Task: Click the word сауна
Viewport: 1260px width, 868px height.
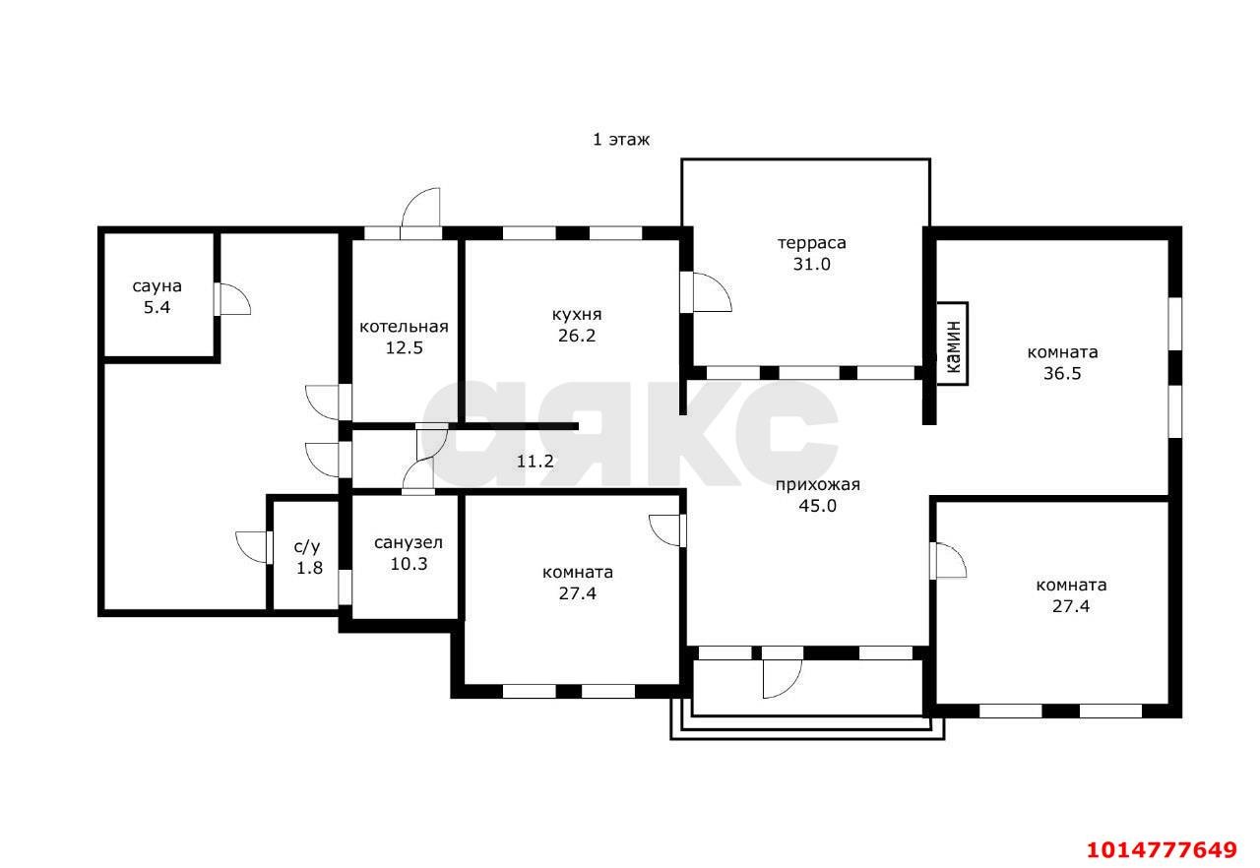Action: (157, 286)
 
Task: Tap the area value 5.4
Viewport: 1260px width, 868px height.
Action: (157, 307)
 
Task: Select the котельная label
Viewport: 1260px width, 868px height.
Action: (404, 327)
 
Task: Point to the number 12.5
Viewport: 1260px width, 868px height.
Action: (404, 348)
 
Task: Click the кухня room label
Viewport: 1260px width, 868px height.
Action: (577, 314)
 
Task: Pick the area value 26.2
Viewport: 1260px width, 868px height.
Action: (577, 336)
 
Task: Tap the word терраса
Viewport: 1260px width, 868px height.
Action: (812, 243)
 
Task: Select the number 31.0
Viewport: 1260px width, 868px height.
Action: (812, 264)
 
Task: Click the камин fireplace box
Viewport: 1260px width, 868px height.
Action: (952, 343)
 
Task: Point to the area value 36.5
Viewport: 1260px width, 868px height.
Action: (1062, 374)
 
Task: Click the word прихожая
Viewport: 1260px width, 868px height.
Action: (817, 484)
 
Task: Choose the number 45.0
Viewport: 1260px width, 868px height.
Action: (817, 506)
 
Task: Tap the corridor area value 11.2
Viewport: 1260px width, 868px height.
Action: (535, 462)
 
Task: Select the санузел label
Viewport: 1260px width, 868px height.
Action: (409, 542)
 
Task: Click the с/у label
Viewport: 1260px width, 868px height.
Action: (307, 547)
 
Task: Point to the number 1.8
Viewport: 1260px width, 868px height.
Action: (309, 568)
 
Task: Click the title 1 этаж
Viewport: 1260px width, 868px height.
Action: (621, 140)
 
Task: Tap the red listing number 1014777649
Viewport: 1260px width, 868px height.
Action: (1162, 849)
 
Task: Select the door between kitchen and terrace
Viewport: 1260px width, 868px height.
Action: (706, 291)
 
